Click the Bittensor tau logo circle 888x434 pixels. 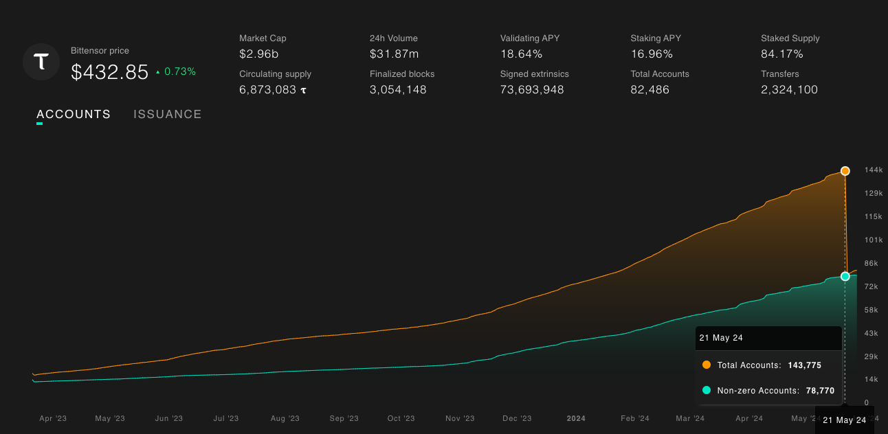(x=41, y=62)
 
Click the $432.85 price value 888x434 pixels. (x=110, y=72)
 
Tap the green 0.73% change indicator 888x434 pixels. (x=176, y=71)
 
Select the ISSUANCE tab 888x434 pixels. (x=168, y=115)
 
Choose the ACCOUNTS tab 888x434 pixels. (x=74, y=115)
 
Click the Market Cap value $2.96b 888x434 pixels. (x=259, y=54)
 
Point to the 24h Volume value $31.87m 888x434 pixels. (x=395, y=54)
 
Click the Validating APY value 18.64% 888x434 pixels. (x=521, y=54)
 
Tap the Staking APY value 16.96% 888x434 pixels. (x=652, y=54)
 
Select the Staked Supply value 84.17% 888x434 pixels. (x=782, y=54)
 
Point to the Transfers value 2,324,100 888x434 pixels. (x=789, y=90)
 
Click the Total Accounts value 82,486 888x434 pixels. (x=650, y=90)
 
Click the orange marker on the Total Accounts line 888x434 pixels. (x=845, y=171)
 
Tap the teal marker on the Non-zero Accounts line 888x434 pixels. (x=845, y=276)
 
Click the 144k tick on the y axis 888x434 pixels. (x=874, y=170)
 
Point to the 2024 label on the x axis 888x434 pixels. (x=576, y=418)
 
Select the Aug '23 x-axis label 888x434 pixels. (x=285, y=418)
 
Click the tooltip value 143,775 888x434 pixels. (x=803, y=365)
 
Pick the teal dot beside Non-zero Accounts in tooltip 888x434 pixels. (x=707, y=391)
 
